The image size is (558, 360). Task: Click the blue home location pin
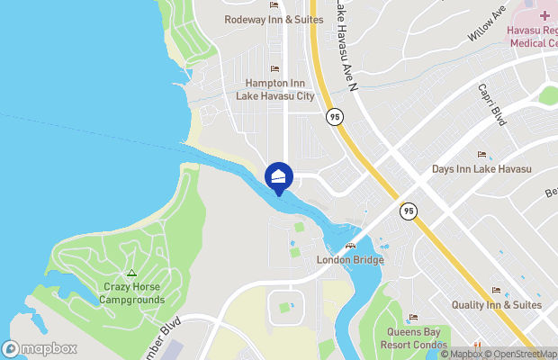tap(279, 177)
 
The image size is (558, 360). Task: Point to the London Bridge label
tap(350, 260)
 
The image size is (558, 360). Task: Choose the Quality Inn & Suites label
tap(497, 305)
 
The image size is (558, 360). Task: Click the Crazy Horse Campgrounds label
tap(131, 293)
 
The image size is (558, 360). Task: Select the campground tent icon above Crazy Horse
tap(131, 273)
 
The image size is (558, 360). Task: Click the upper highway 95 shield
tap(335, 116)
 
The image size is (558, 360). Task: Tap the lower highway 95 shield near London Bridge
tap(409, 211)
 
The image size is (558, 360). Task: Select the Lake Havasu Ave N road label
tap(345, 45)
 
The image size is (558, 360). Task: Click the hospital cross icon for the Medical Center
tap(545, 15)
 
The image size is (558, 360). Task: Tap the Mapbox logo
tap(40, 348)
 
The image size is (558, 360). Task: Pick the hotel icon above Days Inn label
tap(481, 155)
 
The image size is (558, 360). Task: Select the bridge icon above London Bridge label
tap(350, 246)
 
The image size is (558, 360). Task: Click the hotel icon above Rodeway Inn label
tap(274, 5)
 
